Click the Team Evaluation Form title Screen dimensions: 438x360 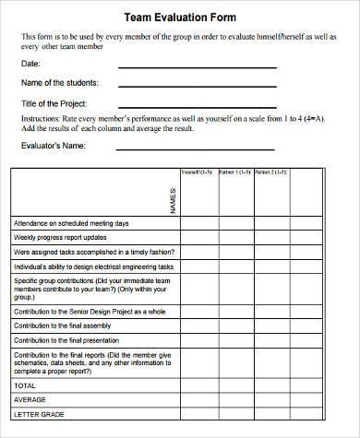tap(179, 17)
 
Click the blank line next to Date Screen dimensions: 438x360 tap(197, 66)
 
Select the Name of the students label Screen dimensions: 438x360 tap(59, 83)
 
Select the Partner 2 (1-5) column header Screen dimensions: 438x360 tap(270, 172)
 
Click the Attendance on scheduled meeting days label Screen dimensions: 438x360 tap(71, 223)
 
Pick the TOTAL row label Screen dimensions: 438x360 tap(26, 385)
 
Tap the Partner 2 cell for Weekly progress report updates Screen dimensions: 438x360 tap(270, 237)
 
